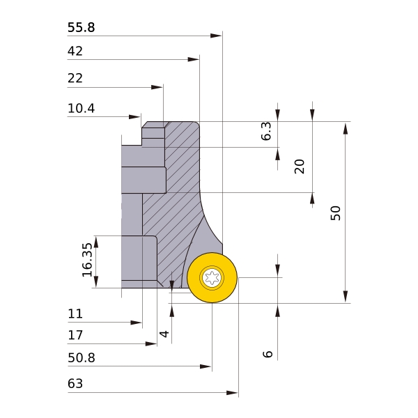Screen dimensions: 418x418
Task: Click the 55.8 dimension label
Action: (x=81, y=27)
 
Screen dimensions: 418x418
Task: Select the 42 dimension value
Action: (x=75, y=51)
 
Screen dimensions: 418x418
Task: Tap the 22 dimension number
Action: (x=75, y=78)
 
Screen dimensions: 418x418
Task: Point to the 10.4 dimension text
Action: (x=81, y=109)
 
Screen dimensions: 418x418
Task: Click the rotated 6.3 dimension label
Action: (x=266, y=131)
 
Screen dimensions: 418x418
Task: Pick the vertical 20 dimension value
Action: (x=300, y=167)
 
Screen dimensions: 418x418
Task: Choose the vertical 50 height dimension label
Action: (x=336, y=213)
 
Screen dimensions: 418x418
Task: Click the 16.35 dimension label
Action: (x=87, y=260)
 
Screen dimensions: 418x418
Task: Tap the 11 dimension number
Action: (x=75, y=313)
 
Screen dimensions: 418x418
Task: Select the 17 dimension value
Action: (x=75, y=335)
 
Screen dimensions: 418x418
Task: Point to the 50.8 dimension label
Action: (x=82, y=358)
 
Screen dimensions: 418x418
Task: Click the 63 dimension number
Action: (x=75, y=384)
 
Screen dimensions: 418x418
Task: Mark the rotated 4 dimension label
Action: (x=164, y=334)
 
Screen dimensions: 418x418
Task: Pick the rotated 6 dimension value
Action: (x=268, y=354)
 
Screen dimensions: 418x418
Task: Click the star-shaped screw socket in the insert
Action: (x=212, y=278)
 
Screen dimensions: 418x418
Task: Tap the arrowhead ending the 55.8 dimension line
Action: (x=216, y=36)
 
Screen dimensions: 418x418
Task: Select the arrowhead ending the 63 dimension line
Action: (x=232, y=393)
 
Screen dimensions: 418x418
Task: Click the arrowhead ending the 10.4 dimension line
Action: (x=134, y=117)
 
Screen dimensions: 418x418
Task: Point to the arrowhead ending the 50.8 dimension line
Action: (x=206, y=366)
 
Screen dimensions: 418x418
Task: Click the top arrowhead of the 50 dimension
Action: (x=346, y=128)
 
